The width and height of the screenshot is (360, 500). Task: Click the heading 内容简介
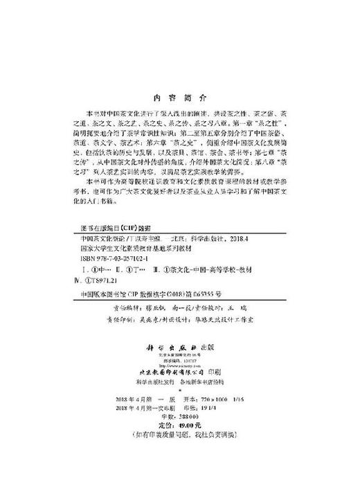coord(179,98)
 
